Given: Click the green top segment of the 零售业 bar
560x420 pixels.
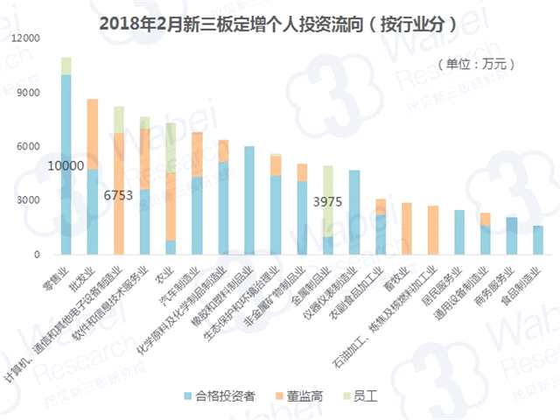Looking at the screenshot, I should click(x=66, y=66).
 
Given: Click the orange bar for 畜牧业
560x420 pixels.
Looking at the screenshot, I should click(x=407, y=228).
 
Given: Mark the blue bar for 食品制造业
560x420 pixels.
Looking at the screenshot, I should click(x=538, y=240).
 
